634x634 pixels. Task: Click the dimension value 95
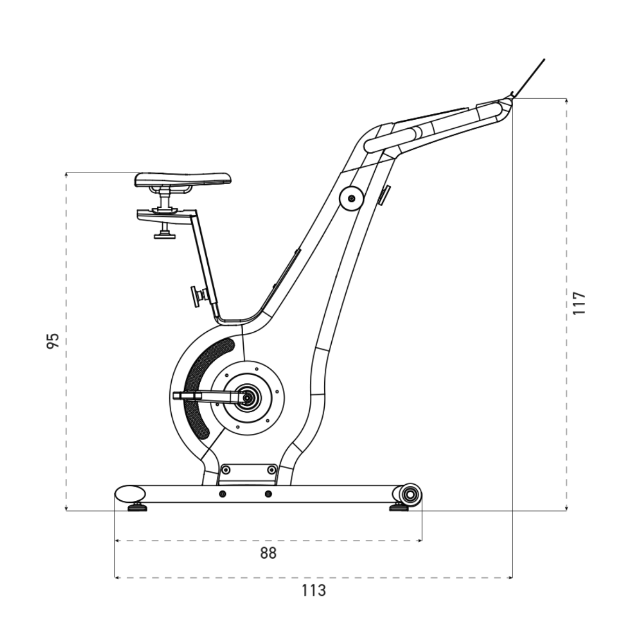click(x=53, y=341)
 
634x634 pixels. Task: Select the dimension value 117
click(x=579, y=303)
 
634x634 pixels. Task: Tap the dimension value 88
click(x=268, y=553)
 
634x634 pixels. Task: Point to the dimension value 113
click(x=314, y=591)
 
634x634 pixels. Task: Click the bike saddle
click(x=183, y=179)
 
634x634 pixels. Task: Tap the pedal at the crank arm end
click(x=187, y=396)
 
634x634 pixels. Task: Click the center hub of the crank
click(x=247, y=398)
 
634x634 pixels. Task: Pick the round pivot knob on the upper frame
click(x=352, y=199)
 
